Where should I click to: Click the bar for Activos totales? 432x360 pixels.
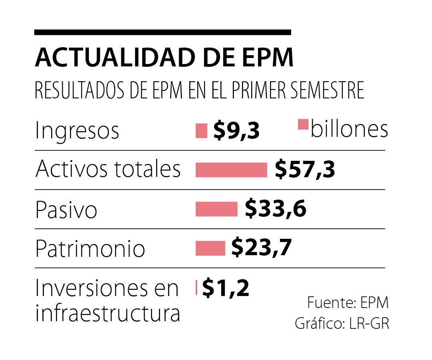pos(231,170)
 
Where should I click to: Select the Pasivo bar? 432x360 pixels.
pos(216,209)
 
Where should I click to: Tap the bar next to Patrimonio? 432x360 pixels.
pos(210,248)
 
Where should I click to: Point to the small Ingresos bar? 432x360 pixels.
pos(201,131)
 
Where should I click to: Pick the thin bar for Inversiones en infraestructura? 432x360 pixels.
pos(196,288)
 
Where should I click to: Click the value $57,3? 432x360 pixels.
pos(305,170)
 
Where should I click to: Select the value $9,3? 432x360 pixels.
pos(236,131)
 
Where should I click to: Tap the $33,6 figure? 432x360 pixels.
pos(276,209)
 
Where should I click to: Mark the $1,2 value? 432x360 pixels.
pos(226,288)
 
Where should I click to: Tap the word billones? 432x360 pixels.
pos(349,129)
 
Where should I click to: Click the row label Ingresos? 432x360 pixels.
pos(77,131)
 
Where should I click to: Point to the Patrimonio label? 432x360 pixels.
pos(90,249)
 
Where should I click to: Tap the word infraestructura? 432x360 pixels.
pos(108,314)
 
